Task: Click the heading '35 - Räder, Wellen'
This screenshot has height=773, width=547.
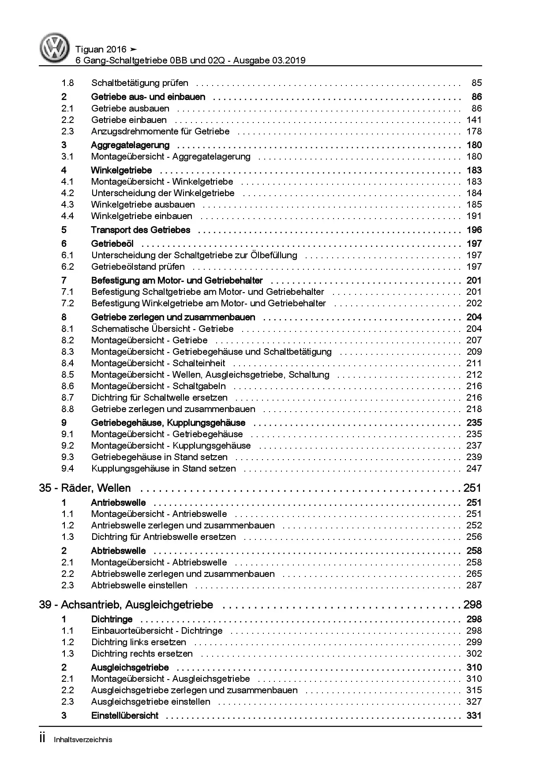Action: coord(85,488)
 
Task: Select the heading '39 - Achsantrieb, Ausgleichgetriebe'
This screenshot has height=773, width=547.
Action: coord(126,605)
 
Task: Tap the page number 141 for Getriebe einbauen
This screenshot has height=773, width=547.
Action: coord(474,120)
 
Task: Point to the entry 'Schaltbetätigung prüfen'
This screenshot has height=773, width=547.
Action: coord(139,83)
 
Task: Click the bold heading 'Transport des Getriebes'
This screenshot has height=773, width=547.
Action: coord(140,230)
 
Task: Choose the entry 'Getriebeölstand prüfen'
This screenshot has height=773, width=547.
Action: coord(138,267)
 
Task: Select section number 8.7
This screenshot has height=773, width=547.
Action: coord(67,398)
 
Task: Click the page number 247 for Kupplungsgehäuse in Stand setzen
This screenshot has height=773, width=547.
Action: coord(474,468)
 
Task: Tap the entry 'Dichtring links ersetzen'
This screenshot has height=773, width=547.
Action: coord(139,642)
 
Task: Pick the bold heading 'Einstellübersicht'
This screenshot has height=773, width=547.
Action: coord(124,715)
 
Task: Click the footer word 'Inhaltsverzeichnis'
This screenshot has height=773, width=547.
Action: coord(82,740)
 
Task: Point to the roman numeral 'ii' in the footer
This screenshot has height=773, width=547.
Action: coord(43,739)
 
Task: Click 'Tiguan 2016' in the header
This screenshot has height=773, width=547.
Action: coord(101,49)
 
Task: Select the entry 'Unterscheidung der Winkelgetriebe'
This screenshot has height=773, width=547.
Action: coord(163,193)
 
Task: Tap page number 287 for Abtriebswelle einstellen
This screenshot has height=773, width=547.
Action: coord(474,585)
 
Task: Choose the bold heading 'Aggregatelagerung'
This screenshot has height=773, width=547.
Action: coord(130,145)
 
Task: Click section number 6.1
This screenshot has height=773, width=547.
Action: coord(67,255)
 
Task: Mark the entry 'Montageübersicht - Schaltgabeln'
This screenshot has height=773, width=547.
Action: coord(158,386)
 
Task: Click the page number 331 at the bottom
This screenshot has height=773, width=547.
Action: coord(474,715)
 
